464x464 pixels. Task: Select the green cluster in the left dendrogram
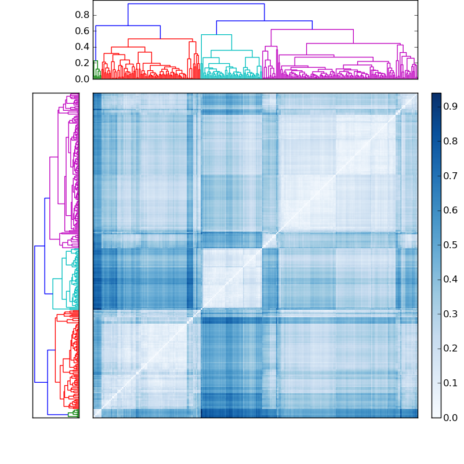(73, 414)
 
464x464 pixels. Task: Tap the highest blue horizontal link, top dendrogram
(196, 4)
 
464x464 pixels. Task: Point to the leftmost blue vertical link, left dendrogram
(35, 314)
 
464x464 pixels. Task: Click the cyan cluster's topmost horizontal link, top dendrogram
(216, 35)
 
